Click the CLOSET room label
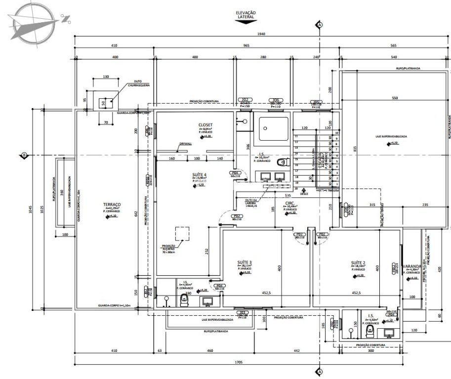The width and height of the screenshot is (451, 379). click(205, 125)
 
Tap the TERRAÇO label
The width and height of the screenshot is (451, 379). click(112, 204)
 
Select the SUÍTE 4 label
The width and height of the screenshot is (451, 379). click(200, 175)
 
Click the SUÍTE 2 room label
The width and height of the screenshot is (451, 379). click(358, 262)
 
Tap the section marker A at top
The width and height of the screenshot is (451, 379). click(320, 25)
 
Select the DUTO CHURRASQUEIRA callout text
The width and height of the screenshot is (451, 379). click(138, 84)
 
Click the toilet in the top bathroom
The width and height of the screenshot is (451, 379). click(283, 162)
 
